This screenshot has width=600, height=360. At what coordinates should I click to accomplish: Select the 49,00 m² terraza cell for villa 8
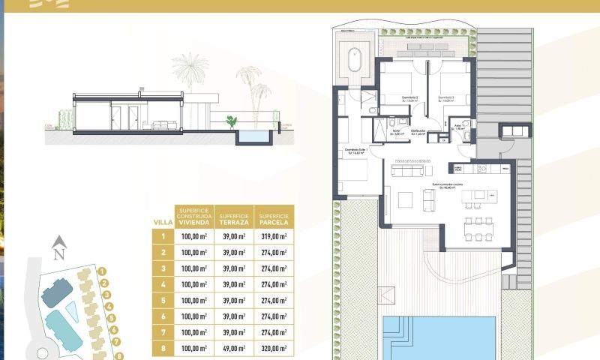[235, 347]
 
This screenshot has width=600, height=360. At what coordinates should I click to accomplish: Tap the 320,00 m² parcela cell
[274, 347]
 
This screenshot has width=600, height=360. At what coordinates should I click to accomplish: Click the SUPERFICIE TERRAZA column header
[235, 217]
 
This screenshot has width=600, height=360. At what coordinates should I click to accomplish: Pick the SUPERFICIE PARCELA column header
[274, 217]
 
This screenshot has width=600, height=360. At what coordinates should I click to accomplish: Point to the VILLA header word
[163, 223]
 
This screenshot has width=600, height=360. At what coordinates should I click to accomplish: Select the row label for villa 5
[163, 300]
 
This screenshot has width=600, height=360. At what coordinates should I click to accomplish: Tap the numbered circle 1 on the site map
[103, 271]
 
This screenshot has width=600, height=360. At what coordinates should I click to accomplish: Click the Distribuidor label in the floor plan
[418, 131]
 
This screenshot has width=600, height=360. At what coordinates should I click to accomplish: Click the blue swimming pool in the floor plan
[439, 337]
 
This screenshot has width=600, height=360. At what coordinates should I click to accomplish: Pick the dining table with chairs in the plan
[475, 226]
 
